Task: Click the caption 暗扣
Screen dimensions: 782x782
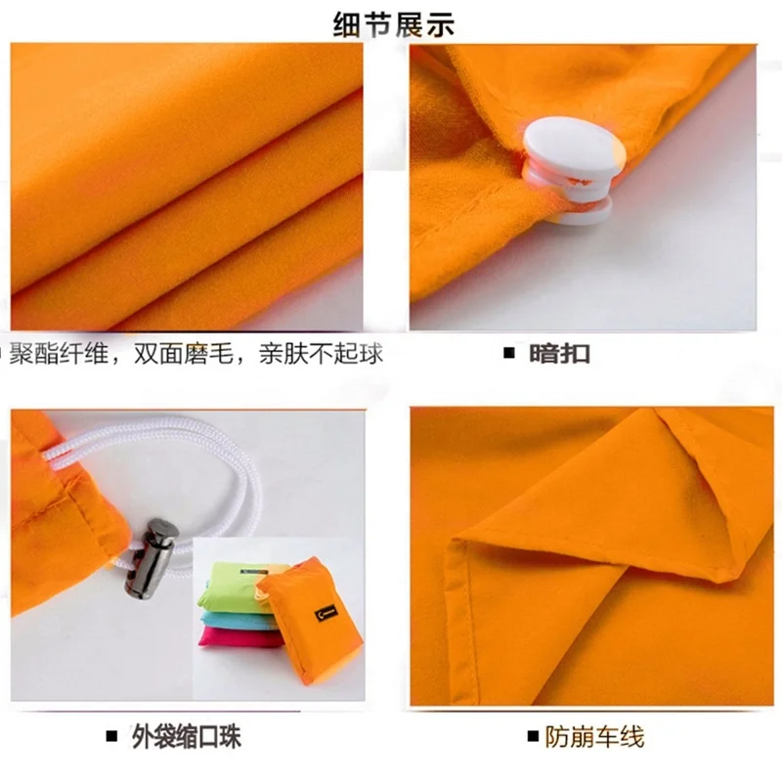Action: click(x=560, y=354)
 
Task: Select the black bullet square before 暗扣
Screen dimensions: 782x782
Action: click(x=508, y=354)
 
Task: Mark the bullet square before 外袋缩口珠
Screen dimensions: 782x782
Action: click(x=110, y=736)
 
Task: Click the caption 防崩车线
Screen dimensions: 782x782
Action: click(x=596, y=736)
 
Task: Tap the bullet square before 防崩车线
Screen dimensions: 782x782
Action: click(x=533, y=736)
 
